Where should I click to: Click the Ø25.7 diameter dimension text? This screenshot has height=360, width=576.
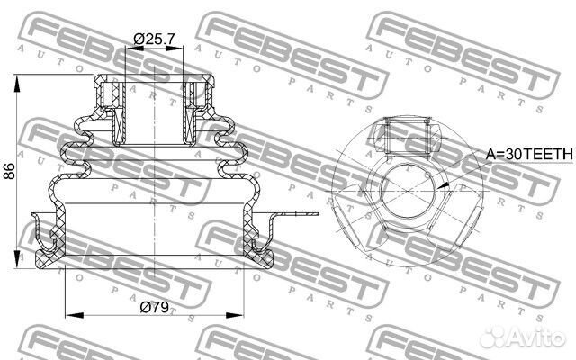point(154,39)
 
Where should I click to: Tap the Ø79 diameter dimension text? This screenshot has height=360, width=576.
point(154,308)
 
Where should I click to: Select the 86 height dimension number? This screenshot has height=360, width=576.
point(9,171)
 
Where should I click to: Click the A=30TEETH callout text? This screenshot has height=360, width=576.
point(529,154)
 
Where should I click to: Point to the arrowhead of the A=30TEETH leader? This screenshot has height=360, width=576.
point(443,185)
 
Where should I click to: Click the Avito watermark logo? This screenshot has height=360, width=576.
point(523,336)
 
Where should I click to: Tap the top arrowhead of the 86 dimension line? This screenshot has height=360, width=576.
point(17,84)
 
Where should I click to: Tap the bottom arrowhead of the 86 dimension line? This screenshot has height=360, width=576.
point(17,258)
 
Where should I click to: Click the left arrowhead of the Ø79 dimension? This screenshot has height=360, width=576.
point(74,315)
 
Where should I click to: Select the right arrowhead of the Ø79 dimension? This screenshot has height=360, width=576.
point(234,315)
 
